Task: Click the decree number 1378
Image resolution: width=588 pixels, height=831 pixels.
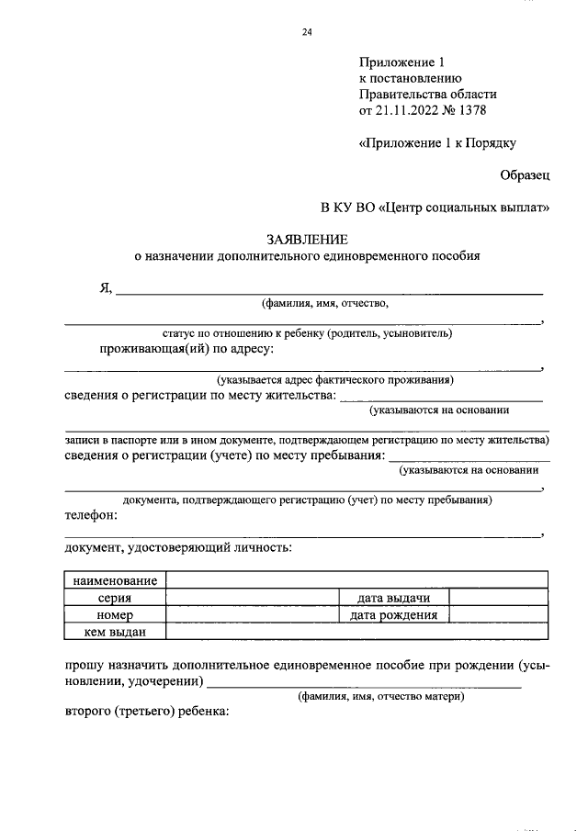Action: (x=469, y=111)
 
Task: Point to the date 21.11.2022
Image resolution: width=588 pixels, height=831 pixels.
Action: (x=403, y=111)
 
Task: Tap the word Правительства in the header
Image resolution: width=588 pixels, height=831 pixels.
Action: (x=401, y=95)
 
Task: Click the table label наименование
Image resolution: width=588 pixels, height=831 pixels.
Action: (x=116, y=580)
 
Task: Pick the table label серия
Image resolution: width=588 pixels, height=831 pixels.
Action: (x=116, y=598)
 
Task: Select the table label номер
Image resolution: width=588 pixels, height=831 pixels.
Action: (x=116, y=614)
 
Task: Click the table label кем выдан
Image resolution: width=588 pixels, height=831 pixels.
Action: (x=116, y=631)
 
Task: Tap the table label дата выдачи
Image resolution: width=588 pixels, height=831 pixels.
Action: (x=394, y=598)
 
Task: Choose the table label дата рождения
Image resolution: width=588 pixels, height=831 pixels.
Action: (x=394, y=614)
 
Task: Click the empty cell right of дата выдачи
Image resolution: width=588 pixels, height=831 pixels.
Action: (x=499, y=598)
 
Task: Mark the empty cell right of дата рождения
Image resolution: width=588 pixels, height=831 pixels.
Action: (x=499, y=614)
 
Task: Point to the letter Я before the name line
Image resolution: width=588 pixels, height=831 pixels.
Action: (x=106, y=287)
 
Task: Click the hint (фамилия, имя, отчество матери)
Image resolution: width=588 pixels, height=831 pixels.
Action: (x=380, y=697)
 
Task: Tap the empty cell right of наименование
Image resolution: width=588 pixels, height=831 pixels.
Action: (x=357, y=580)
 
